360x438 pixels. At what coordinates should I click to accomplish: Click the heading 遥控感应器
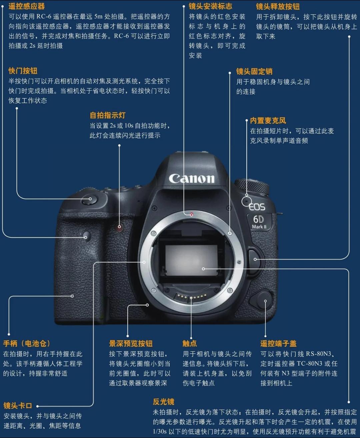pyautogui.click(x=26, y=6)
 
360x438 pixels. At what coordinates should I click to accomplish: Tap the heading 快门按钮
pyautogui.click(x=23, y=71)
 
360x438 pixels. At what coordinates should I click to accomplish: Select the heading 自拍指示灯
pyautogui.click(x=107, y=115)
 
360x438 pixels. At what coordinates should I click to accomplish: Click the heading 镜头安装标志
pyautogui.click(x=210, y=6)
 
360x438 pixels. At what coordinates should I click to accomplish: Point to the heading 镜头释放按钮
pyautogui.click(x=278, y=6)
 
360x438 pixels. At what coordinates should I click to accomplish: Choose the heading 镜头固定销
pyautogui.click(x=254, y=71)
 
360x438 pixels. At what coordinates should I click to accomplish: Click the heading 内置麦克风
pyautogui.click(x=268, y=121)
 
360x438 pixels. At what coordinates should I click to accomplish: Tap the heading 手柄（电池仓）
pyautogui.click(x=26, y=343)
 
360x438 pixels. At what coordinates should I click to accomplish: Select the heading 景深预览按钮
pyautogui.click(x=131, y=343)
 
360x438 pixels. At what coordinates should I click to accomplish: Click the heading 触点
pyautogui.click(x=189, y=343)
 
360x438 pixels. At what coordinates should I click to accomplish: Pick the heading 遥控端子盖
pyautogui.click(x=278, y=343)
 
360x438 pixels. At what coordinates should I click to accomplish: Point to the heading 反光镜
pyautogui.click(x=163, y=402)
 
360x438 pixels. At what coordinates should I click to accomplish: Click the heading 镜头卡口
pyautogui.click(x=18, y=406)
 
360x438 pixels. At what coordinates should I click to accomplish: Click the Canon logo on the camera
pyautogui.click(x=191, y=179)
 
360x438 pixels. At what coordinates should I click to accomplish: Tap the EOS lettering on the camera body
pyautogui.click(x=257, y=207)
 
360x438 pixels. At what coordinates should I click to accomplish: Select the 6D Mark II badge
pyautogui.click(x=259, y=222)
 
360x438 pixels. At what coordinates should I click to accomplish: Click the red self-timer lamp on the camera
pyautogui.click(x=119, y=227)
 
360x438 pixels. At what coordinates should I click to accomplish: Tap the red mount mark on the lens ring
pyautogui.click(x=191, y=215)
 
